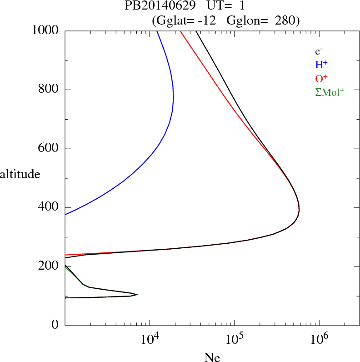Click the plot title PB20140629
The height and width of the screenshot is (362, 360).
pyautogui.click(x=158, y=6)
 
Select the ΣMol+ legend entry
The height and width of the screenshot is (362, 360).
pyautogui.click(x=330, y=92)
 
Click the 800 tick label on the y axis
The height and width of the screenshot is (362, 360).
pyautogui.click(x=49, y=89)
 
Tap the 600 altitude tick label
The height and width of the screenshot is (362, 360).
pyautogui.click(x=49, y=148)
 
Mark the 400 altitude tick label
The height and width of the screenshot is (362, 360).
pyautogui.click(x=49, y=207)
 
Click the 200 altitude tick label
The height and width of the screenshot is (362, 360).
pyautogui.click(x=49, y=266)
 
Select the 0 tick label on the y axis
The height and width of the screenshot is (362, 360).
pyautogui.click(x=55, y=325)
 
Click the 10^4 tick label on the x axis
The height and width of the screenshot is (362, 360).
pyautogui.click(x=150, y=338)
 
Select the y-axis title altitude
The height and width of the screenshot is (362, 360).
pyautogui.click(x=20, y=174)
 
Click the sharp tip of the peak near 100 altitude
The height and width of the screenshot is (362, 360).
pyautogui.click(x=137, y=295)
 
